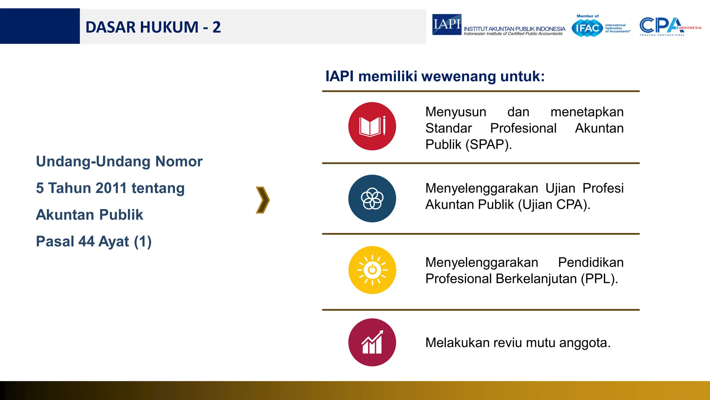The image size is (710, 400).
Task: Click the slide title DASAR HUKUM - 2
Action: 153,27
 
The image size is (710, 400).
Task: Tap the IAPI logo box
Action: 447,24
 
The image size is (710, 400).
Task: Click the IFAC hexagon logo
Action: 587,28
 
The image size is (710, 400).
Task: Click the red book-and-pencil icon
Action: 372,126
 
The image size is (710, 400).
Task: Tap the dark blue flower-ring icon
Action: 372,199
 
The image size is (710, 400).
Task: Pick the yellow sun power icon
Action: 372,270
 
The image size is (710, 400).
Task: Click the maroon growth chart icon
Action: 372,342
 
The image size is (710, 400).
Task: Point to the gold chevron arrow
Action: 263,200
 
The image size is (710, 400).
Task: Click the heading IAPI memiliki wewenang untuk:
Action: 435,76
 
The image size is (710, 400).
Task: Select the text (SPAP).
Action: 488,144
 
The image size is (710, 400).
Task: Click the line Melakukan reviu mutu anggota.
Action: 518,343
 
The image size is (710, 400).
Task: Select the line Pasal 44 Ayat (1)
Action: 94,241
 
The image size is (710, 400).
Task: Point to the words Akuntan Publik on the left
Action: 89,215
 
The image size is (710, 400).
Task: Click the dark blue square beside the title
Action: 40,26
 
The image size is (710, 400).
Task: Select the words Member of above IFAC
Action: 587,16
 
